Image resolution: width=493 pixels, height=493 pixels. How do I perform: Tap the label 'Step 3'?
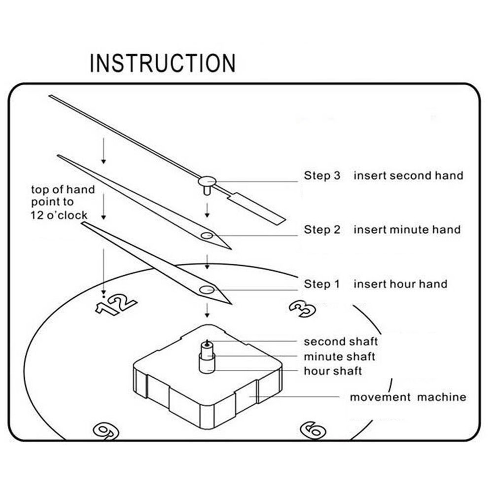point(322,176)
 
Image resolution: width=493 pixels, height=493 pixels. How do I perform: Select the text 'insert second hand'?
point(408,176)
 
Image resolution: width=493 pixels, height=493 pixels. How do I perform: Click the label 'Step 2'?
point(322,230)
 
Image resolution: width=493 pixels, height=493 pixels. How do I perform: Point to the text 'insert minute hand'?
point(407,230)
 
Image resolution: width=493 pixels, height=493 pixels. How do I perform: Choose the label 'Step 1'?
point(322,284)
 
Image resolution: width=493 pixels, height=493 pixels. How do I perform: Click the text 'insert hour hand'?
point(400,284)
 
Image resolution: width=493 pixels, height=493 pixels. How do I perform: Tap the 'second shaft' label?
point(341,342)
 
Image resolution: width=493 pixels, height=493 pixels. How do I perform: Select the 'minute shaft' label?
point(339,356)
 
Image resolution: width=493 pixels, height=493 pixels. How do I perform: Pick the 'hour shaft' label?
point(333,371)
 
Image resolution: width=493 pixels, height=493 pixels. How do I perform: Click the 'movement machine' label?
point(408,397)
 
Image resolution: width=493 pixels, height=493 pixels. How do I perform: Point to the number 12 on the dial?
point(116,304)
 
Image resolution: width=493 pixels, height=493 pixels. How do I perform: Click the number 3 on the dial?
point(302,309)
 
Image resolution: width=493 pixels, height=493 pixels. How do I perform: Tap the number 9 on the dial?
point(106,430)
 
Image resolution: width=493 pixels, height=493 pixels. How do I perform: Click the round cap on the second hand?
point(208,180)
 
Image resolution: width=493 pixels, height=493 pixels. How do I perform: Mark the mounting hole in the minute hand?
point(207,236)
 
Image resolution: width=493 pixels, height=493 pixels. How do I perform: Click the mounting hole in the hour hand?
point(207,289)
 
